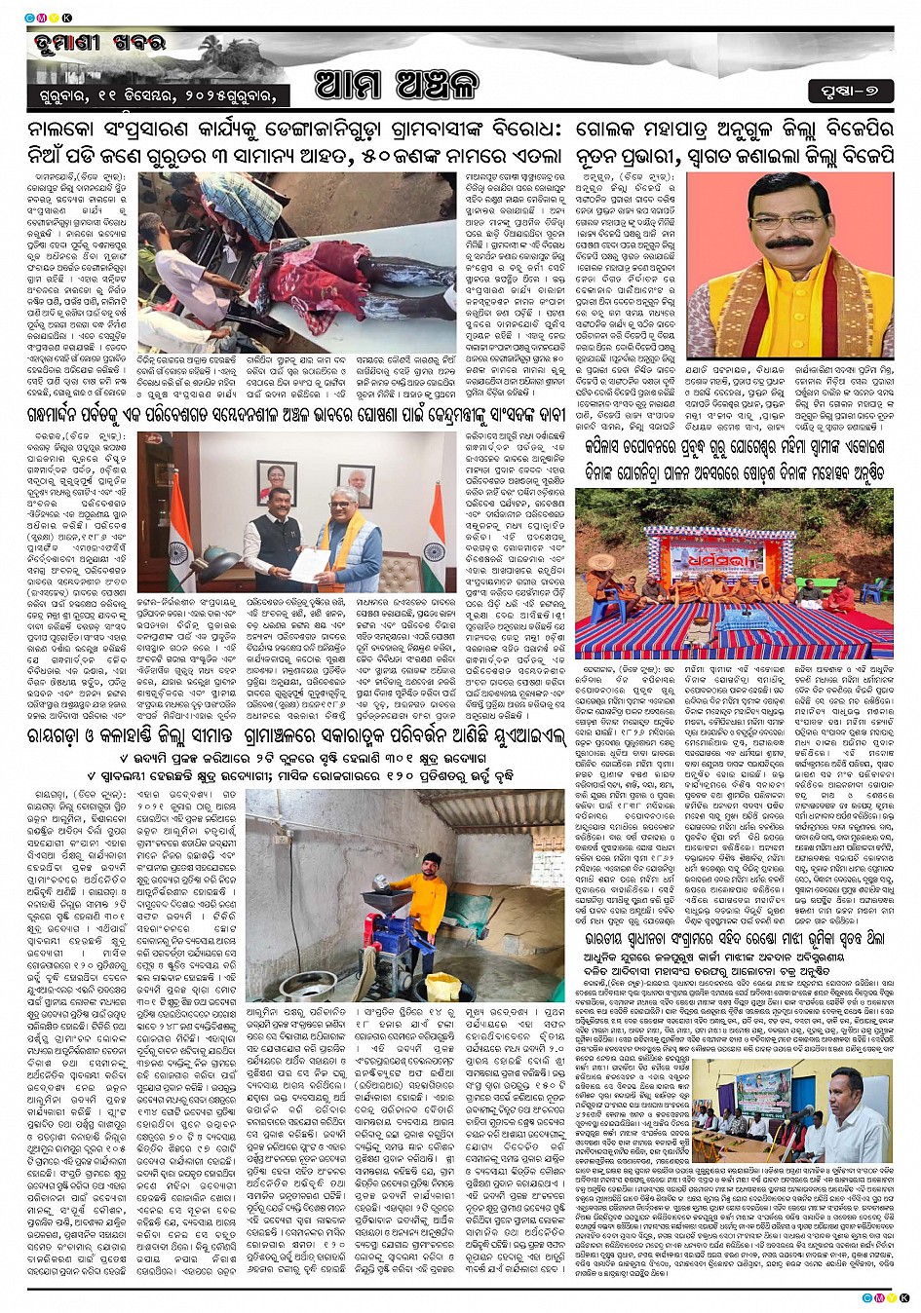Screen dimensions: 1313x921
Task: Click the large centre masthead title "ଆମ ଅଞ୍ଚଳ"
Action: point(397,86)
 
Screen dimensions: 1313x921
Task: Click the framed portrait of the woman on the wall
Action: point(277,483)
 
